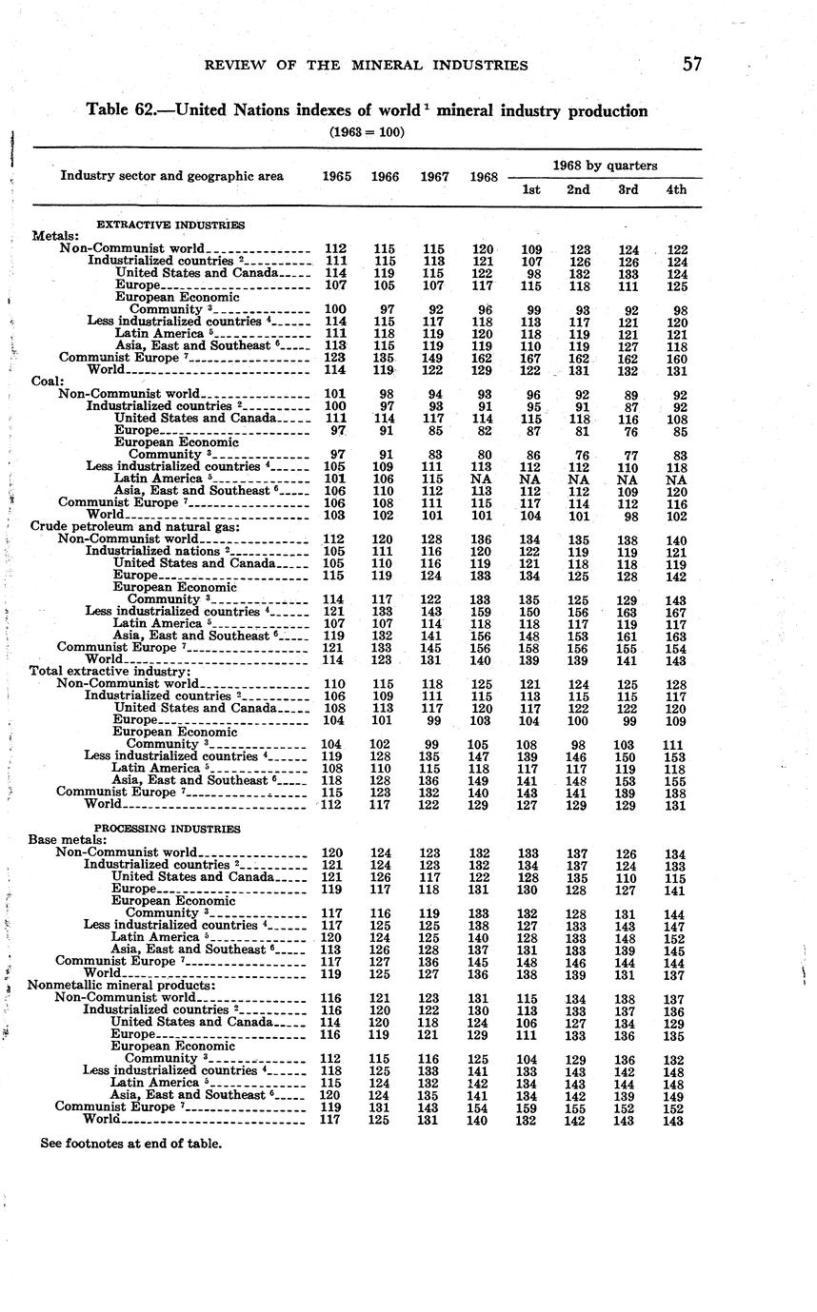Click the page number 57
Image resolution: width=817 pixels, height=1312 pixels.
[691, 65]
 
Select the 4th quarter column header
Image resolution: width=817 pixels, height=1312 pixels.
[676, 189]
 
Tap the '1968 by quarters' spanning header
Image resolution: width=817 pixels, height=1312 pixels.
[604, 165]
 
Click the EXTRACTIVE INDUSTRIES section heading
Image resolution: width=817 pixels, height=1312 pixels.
[170, 225]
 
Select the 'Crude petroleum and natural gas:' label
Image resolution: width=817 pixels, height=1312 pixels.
[133, 525]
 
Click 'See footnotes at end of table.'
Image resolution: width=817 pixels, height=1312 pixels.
[130, 1143]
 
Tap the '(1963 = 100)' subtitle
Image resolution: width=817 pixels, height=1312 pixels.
[367, 131]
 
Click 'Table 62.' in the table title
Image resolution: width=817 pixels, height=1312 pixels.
[121, 110]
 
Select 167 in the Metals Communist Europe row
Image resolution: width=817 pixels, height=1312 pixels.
[530, 358]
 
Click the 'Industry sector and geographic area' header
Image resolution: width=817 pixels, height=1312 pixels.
[171, 176]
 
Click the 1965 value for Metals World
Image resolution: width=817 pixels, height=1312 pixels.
[335, 370]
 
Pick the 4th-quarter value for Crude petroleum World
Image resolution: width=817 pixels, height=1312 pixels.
[676, 658]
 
